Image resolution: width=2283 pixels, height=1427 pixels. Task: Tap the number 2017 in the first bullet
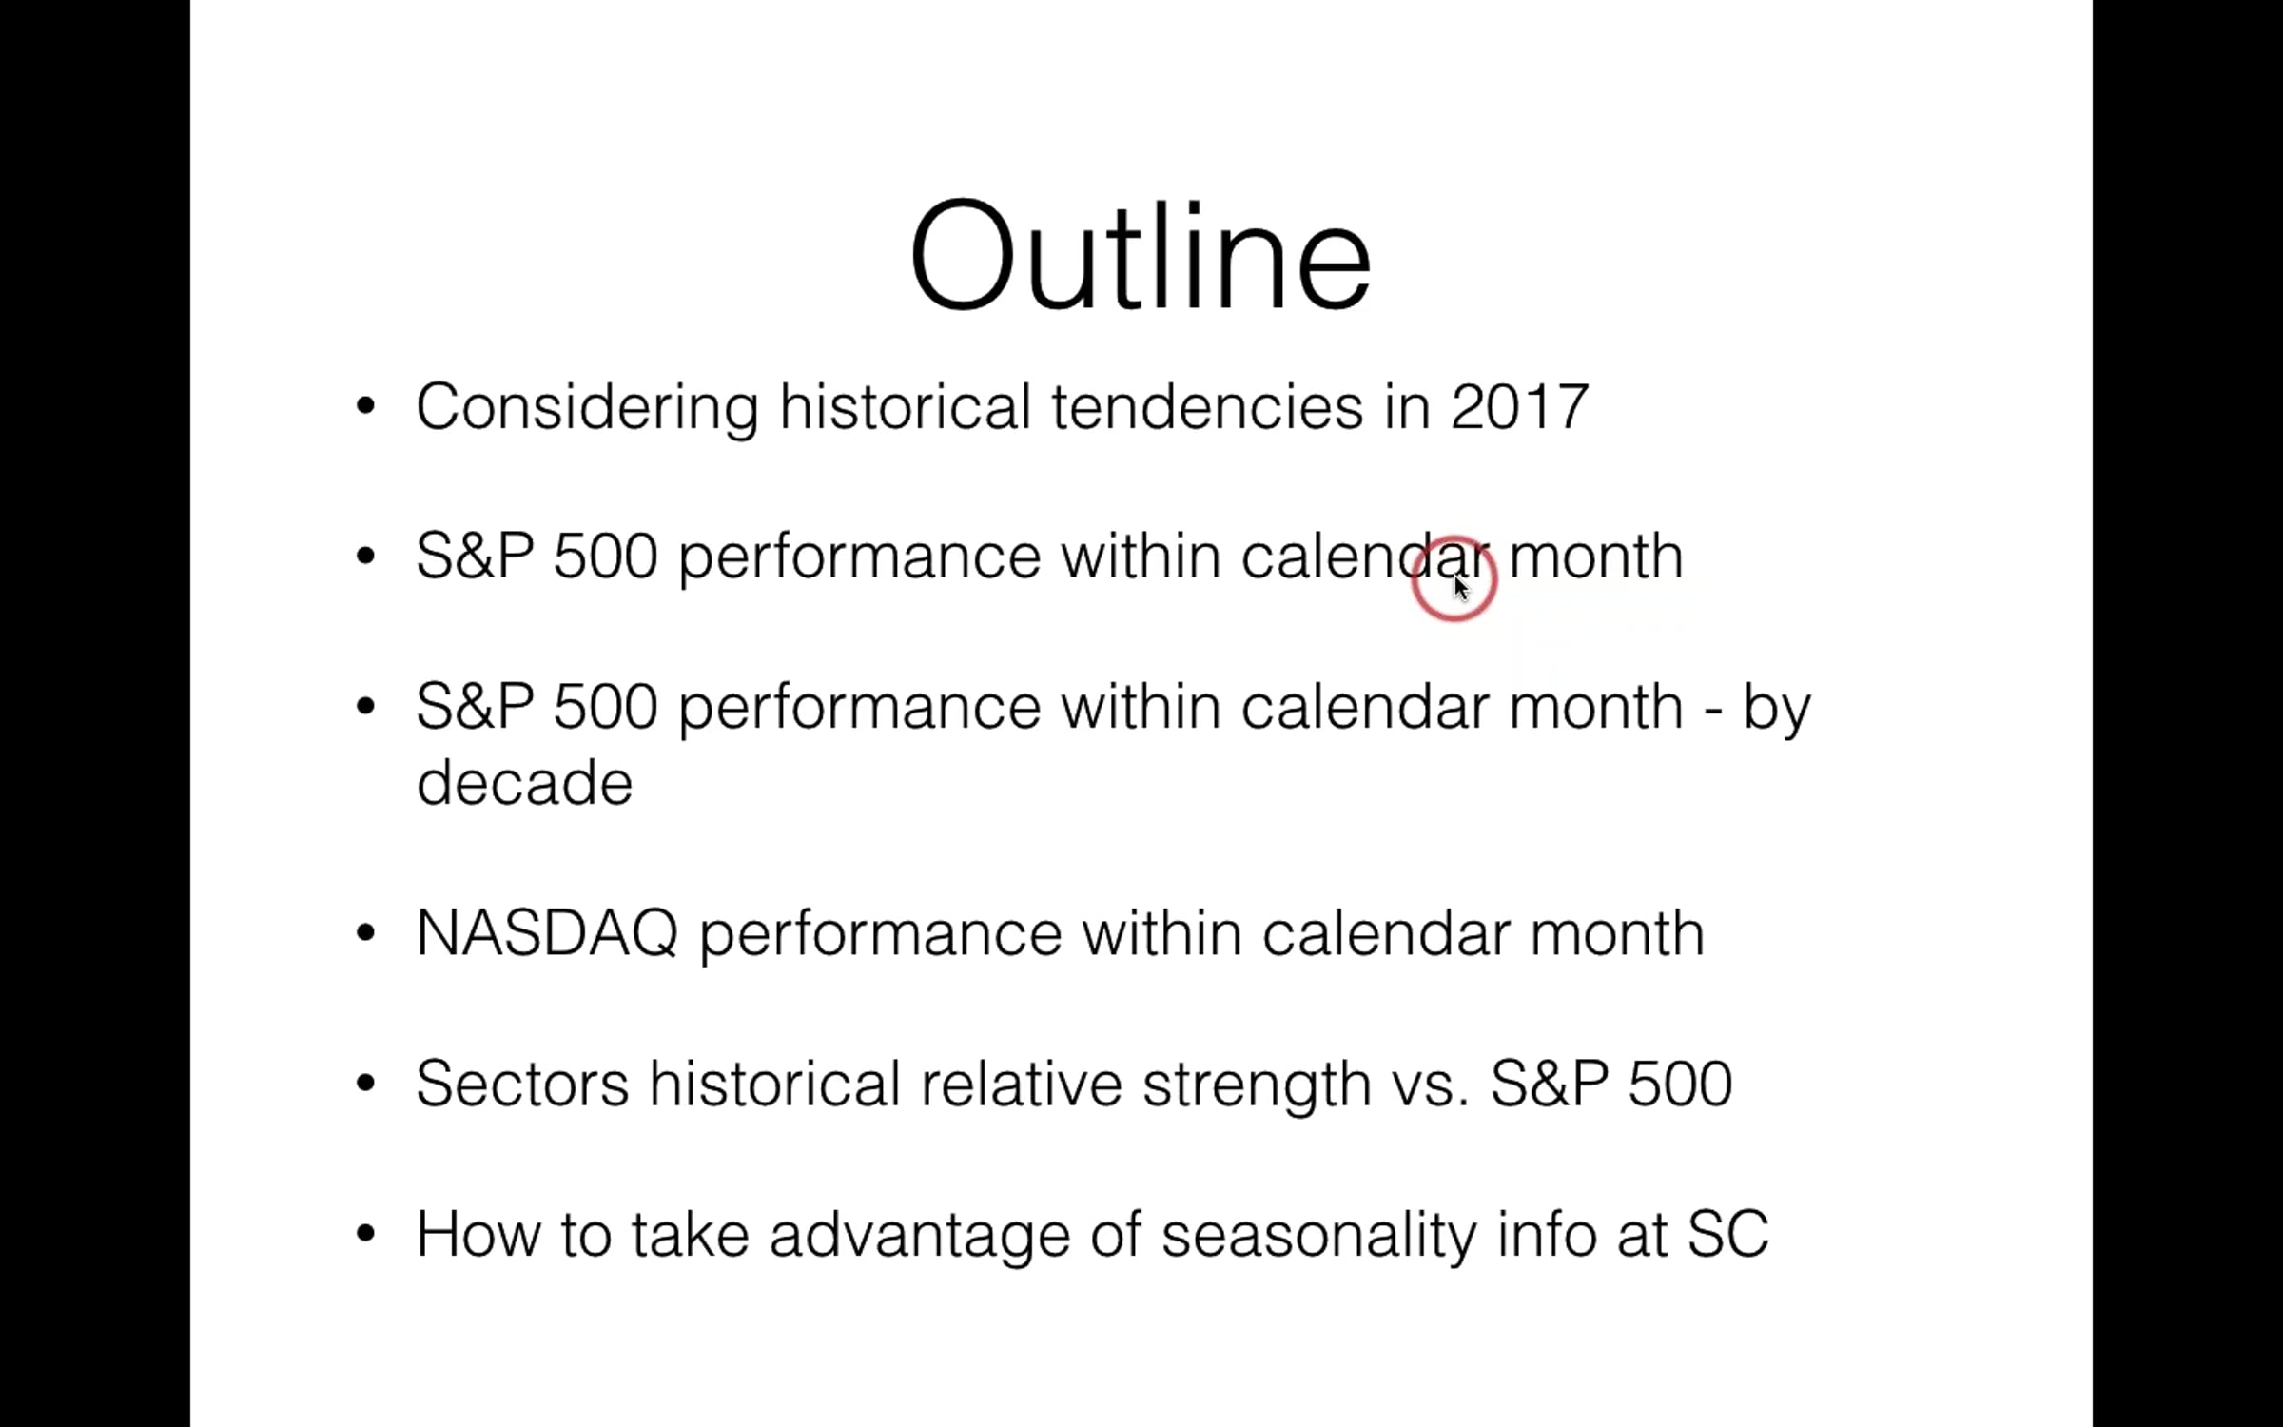click(1519, 407)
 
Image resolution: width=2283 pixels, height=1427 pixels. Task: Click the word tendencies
click(1207, 407)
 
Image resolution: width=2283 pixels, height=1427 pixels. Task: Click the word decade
click(524, 782)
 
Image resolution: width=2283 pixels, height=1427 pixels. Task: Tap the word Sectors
click(522, 1084)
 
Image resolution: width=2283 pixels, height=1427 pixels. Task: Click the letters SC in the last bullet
click(1727, 1235)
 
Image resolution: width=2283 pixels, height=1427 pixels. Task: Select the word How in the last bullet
click(478, 1235)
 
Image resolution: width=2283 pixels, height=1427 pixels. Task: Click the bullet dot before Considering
click(365, 407)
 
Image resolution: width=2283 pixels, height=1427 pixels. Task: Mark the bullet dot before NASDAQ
click(365, 933)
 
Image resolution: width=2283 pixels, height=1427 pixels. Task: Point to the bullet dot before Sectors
click(365, 1084)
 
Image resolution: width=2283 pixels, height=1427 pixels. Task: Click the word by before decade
click(1777, 710)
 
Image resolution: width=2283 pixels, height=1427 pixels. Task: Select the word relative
click(1021, 1084)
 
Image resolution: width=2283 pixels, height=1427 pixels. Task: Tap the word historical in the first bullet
click(905, 407)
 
